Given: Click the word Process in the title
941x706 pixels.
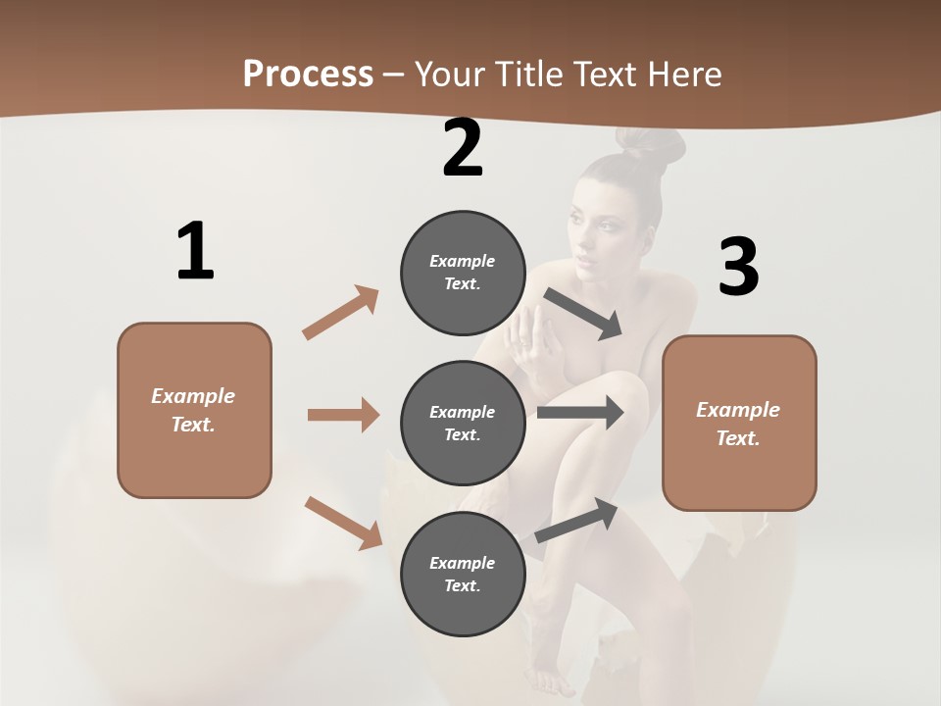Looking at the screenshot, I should point(308,74).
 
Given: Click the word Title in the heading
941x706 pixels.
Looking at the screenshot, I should point(526,74).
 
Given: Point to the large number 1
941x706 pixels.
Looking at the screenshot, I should point(195,251).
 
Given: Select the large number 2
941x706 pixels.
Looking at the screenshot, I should point(463,148).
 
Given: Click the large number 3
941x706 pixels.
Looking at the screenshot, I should point(739,268).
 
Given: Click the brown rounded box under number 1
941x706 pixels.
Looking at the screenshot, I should point(194,410).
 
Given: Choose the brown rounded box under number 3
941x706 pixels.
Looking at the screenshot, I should point(739,423).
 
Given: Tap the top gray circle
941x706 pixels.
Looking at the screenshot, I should point(463,272).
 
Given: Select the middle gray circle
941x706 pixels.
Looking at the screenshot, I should point(463,423).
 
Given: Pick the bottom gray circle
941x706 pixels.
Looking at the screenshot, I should point(463,574).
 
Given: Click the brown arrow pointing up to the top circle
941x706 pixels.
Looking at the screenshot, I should point(341,313).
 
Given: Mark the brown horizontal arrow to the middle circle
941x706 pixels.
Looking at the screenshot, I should point(343,415).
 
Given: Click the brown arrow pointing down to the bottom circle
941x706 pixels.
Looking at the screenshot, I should point(343,523).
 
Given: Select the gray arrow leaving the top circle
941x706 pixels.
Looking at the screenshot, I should point(583,314).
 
